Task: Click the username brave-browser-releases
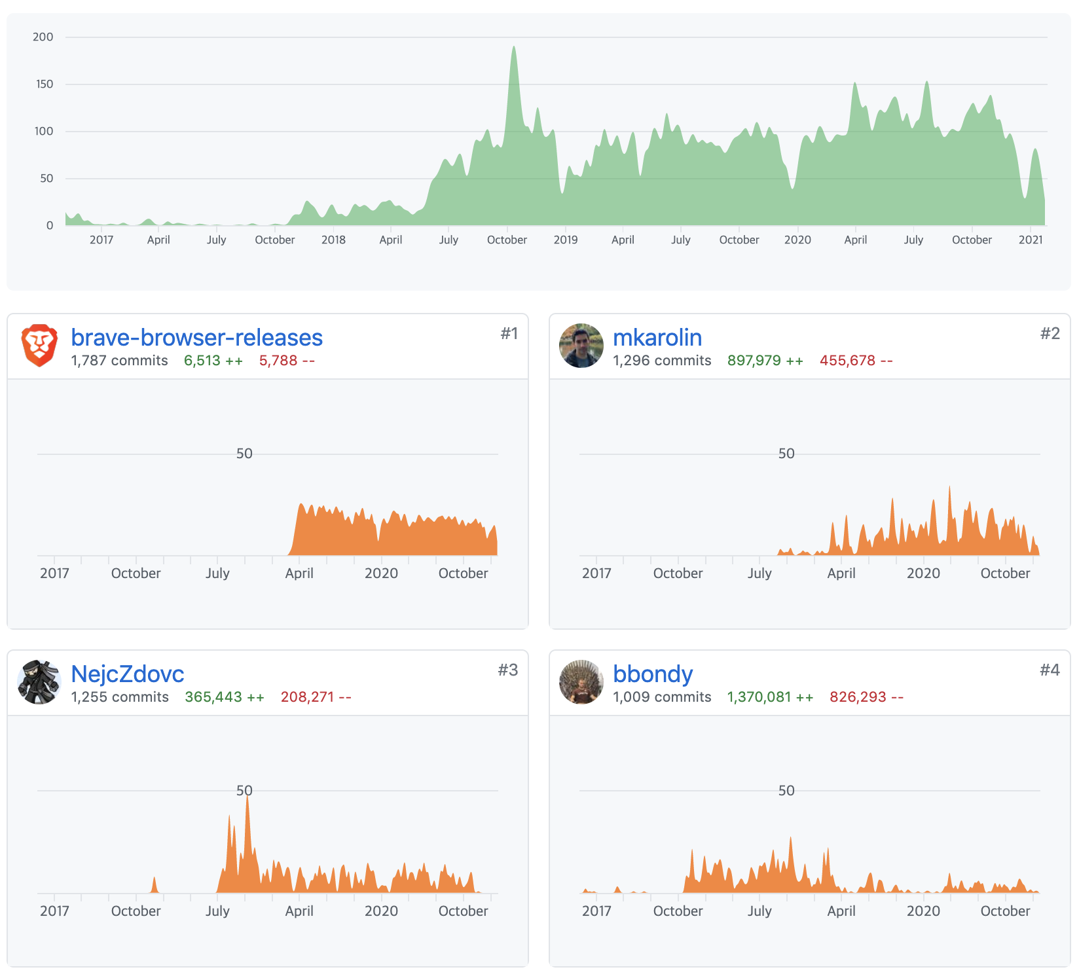click(196, 338)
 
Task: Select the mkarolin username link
click(657, 338)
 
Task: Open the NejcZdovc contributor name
click(127, 674)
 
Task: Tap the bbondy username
click(652, 674)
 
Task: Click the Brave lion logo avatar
click(39, 345)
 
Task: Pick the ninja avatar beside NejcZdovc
click(39, 682)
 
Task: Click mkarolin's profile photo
click(581, 346)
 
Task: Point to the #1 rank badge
click(509, 334)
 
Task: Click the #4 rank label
click(1050, 670)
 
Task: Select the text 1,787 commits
click(119, 361)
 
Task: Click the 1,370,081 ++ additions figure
click(770, 697)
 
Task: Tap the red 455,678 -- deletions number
click(856, 361)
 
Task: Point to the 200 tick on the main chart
click(43, 37)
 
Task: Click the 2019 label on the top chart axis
click(565, 240)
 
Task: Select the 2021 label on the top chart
click(1030, 240)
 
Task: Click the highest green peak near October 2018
click(514, 48)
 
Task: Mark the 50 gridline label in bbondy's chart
click(786, 791)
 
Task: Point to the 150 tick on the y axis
click(45, 84)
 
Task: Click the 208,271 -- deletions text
click(316, 697)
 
